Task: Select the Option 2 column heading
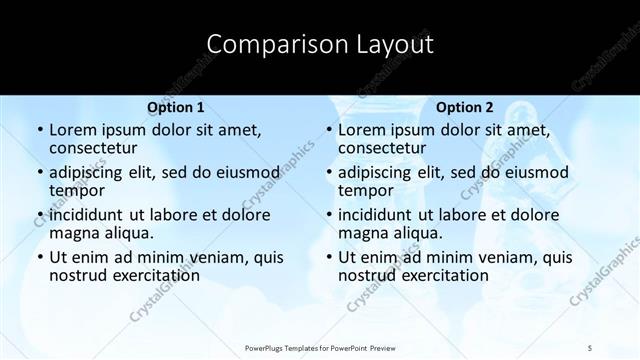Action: [465, 107]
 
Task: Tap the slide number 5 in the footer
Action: [590, 347]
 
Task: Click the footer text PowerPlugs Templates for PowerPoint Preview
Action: [320, 347]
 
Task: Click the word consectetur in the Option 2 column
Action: [386, 149]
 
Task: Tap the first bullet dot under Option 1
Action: [39, 130]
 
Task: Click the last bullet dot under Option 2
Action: [328, 257]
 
